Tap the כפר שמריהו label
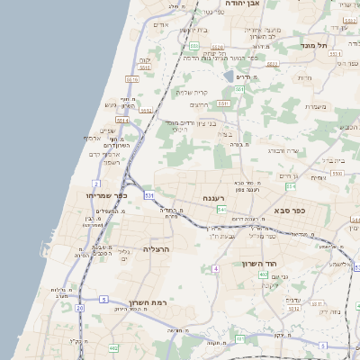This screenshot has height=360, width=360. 107,195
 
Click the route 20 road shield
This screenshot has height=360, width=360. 79,309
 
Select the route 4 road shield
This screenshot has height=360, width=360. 214,269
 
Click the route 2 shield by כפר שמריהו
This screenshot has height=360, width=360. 96,184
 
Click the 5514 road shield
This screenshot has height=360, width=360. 122,120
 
